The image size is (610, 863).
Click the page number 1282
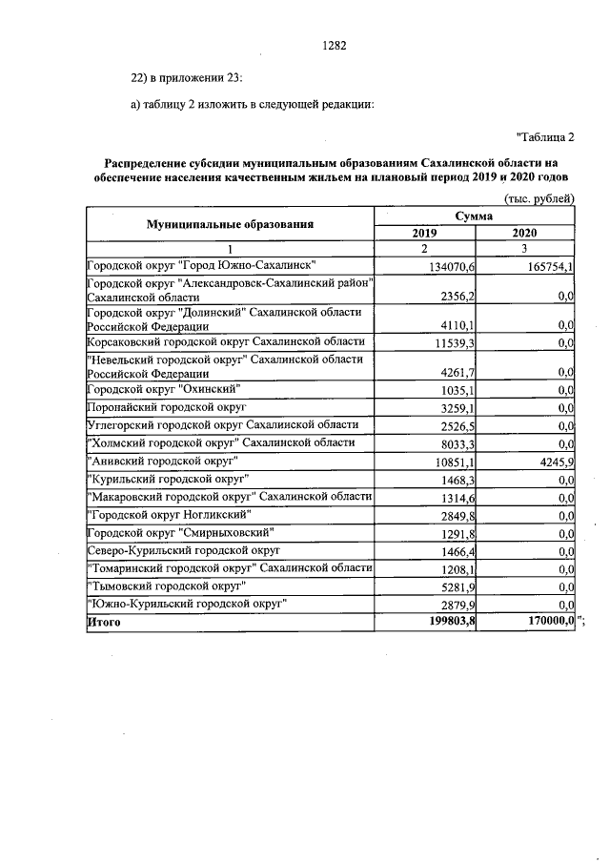pos(334,45)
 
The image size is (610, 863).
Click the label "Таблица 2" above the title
pos(545,137)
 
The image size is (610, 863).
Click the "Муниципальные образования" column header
pos(230,224)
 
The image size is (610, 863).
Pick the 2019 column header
pos(425,233)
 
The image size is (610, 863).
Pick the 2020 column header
pos(524,233)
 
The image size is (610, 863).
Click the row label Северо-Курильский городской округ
pos(182,550)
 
